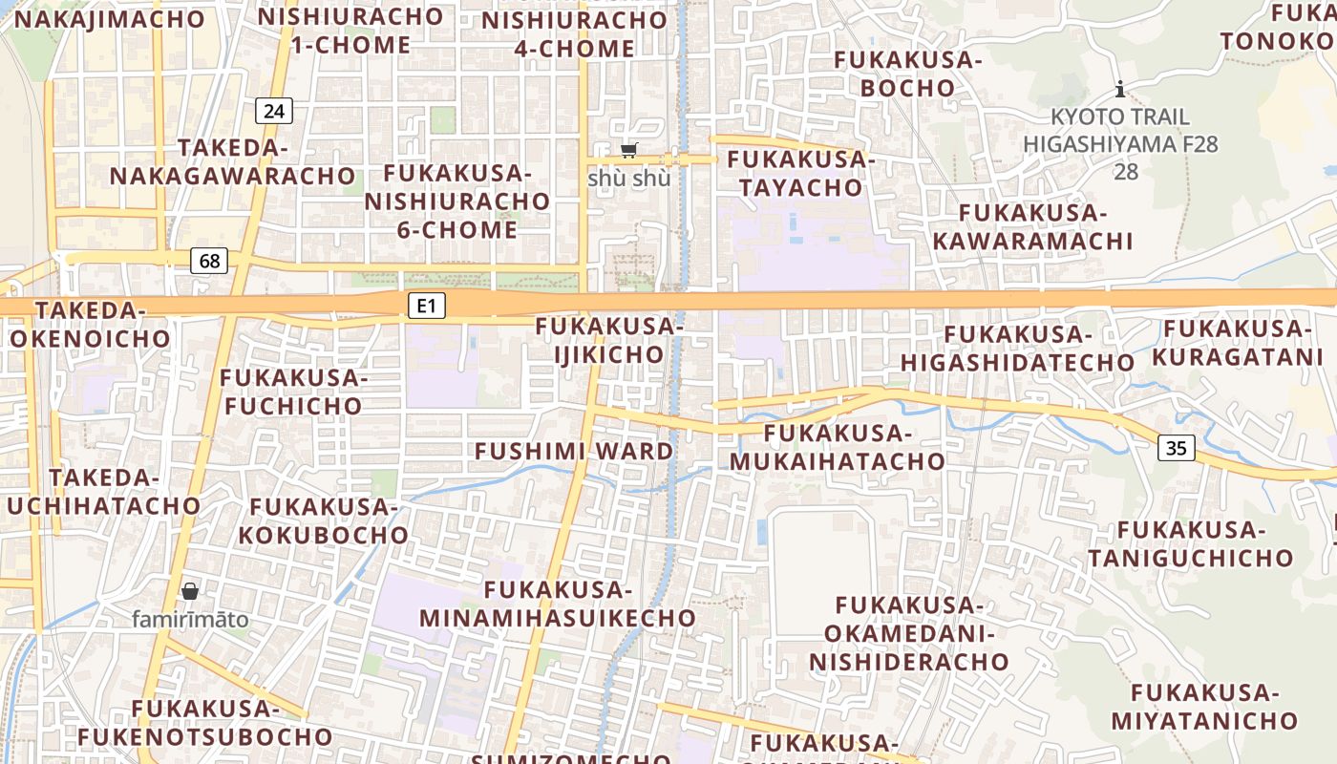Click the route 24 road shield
tap(274, 111)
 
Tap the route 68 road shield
tap(209, 260)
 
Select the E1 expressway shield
tap(427, 306)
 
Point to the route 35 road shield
tap(1177, 447)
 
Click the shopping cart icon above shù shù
tap(628, 150)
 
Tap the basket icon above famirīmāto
tap(190, 591)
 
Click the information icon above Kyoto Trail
tap(1120, 90)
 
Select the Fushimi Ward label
tap(574, 451)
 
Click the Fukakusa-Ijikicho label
tap(609, 340)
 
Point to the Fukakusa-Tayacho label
tap(801, 173)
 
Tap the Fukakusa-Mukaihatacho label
tap(838, 447)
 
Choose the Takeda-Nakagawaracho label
tap(232, 161)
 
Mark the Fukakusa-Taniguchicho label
tap(1191, 543)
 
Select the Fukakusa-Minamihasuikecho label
tap(558, 604)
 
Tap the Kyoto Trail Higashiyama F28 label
tap(1120, 131)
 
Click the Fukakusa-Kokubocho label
tap(323, 520)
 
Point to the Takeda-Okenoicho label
tap(90, 324)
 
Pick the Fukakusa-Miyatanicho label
tap(1204, 707)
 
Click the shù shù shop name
tap(628, 179)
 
